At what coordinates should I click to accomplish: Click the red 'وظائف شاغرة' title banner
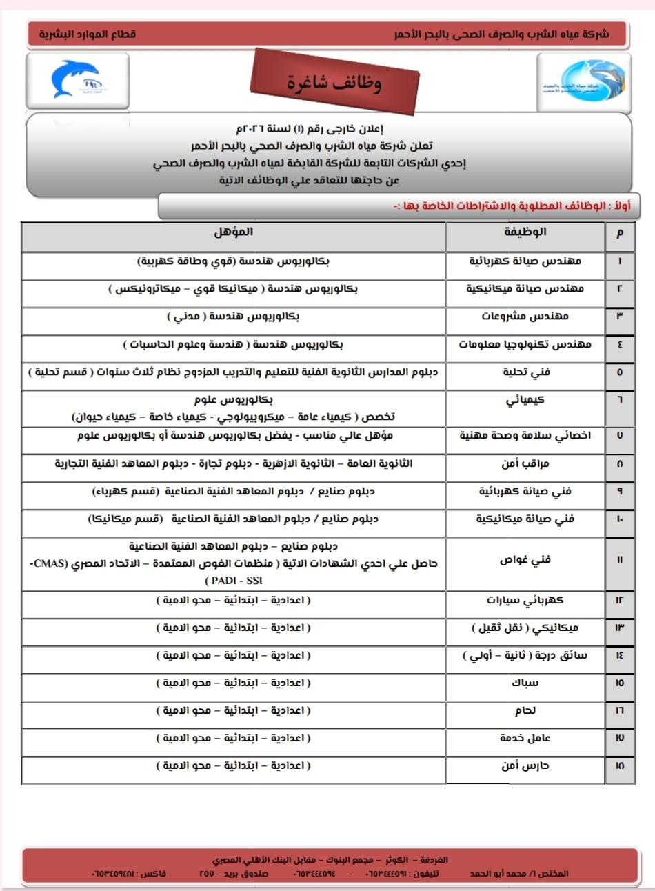[334, 82]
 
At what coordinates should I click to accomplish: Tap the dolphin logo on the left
[76, 81]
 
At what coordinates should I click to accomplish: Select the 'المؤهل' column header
[233, 232]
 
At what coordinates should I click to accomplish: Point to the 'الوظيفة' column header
[525, 232]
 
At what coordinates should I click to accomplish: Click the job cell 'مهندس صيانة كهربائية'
[525, 261]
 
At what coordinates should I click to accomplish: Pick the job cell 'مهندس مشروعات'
[525, 317]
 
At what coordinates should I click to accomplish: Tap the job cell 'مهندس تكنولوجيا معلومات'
[525, 344]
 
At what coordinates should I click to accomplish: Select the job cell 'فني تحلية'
[525, 372]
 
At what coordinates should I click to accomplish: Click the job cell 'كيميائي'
[525, 400]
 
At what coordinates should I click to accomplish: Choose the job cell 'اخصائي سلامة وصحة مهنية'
[525, 436]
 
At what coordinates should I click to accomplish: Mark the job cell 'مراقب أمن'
[525, 463]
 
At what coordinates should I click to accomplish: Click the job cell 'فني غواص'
[525, 560]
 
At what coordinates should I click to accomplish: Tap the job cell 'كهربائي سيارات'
[525, 600]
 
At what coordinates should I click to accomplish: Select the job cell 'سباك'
[525, 683]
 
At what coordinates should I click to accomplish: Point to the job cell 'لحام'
[525, 710]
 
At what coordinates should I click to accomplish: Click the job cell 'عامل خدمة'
[525, 738]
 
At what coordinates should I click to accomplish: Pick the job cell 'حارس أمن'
[525, 765]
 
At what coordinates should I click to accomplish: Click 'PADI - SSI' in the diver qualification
[234, 581]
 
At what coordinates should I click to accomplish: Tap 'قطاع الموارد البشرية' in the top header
[88, 34]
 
